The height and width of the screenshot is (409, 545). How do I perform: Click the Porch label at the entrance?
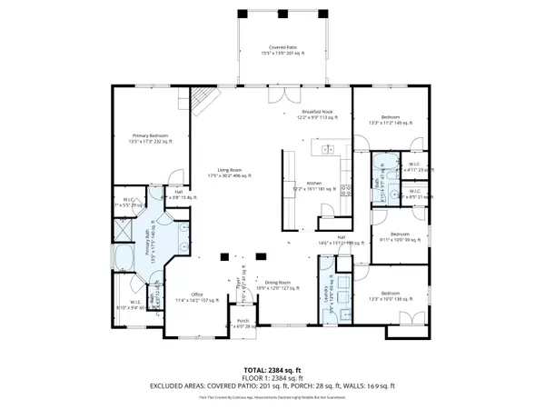pos(243,324)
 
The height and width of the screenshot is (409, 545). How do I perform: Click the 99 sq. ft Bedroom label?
pos(395,237)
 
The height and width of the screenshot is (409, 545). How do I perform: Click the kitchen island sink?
pos(327,148)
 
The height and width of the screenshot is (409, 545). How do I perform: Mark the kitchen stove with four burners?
pos(346,190)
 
